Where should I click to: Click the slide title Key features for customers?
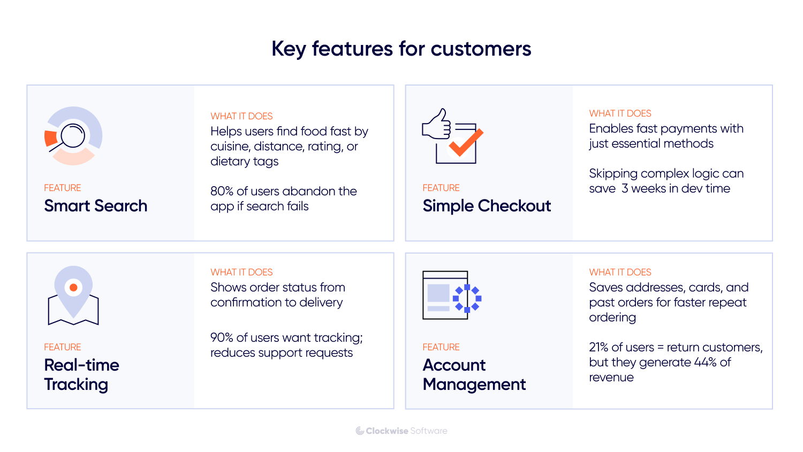point(401,49)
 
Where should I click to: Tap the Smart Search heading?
point(95,206)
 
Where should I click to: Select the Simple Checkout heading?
point(487,206)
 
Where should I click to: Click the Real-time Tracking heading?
point(81,374)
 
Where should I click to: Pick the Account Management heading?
point(474,374)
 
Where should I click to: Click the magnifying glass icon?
point(71,136)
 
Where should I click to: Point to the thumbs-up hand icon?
point(437,125)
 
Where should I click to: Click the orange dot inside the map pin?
point(73,287)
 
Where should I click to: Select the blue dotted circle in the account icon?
point(467,298)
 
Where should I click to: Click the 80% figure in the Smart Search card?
point(222,191)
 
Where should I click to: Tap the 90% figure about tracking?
point(222,338)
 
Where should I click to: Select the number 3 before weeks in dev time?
point(625,189)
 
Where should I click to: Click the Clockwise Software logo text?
point(401,431)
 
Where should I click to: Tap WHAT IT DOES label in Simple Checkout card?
point(620,113)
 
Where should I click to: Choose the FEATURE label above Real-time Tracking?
point(63,347)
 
